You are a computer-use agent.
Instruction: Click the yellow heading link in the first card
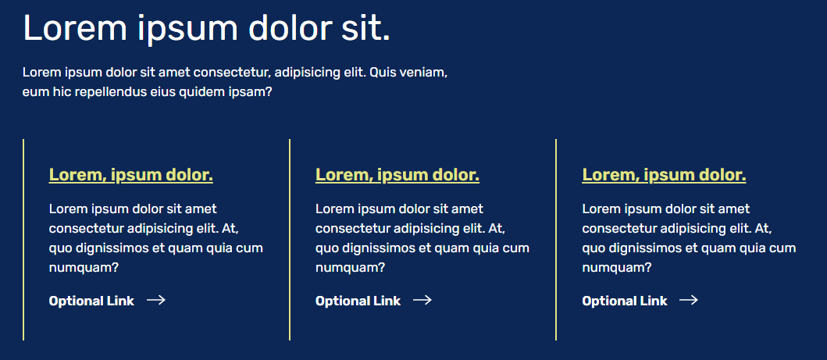[x=130, y=175]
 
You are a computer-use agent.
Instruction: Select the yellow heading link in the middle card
[x=397, y=175]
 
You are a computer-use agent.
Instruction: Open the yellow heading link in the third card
[x=664, y=175]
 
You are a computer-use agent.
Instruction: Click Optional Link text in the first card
[x=91, y=301]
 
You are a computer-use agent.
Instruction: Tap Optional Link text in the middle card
[x=358, y=301]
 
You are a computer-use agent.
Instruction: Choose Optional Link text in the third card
[x=625, y=301]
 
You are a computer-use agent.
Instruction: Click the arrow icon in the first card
[x=156, y=301]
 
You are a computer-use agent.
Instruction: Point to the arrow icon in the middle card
[x=422, y=301]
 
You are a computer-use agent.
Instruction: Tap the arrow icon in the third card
[x=689, y=301]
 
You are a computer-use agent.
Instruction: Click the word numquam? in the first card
[x=84, y=269]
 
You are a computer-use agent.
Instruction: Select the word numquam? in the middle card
[x=350, y=269]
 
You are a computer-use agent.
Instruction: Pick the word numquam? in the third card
[x=617, y=269]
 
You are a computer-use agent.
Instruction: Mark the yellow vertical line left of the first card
[x=23, y=240]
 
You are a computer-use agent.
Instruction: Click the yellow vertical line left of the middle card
[x=290, y=240]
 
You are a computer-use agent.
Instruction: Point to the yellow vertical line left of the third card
[x=556, y=240]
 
